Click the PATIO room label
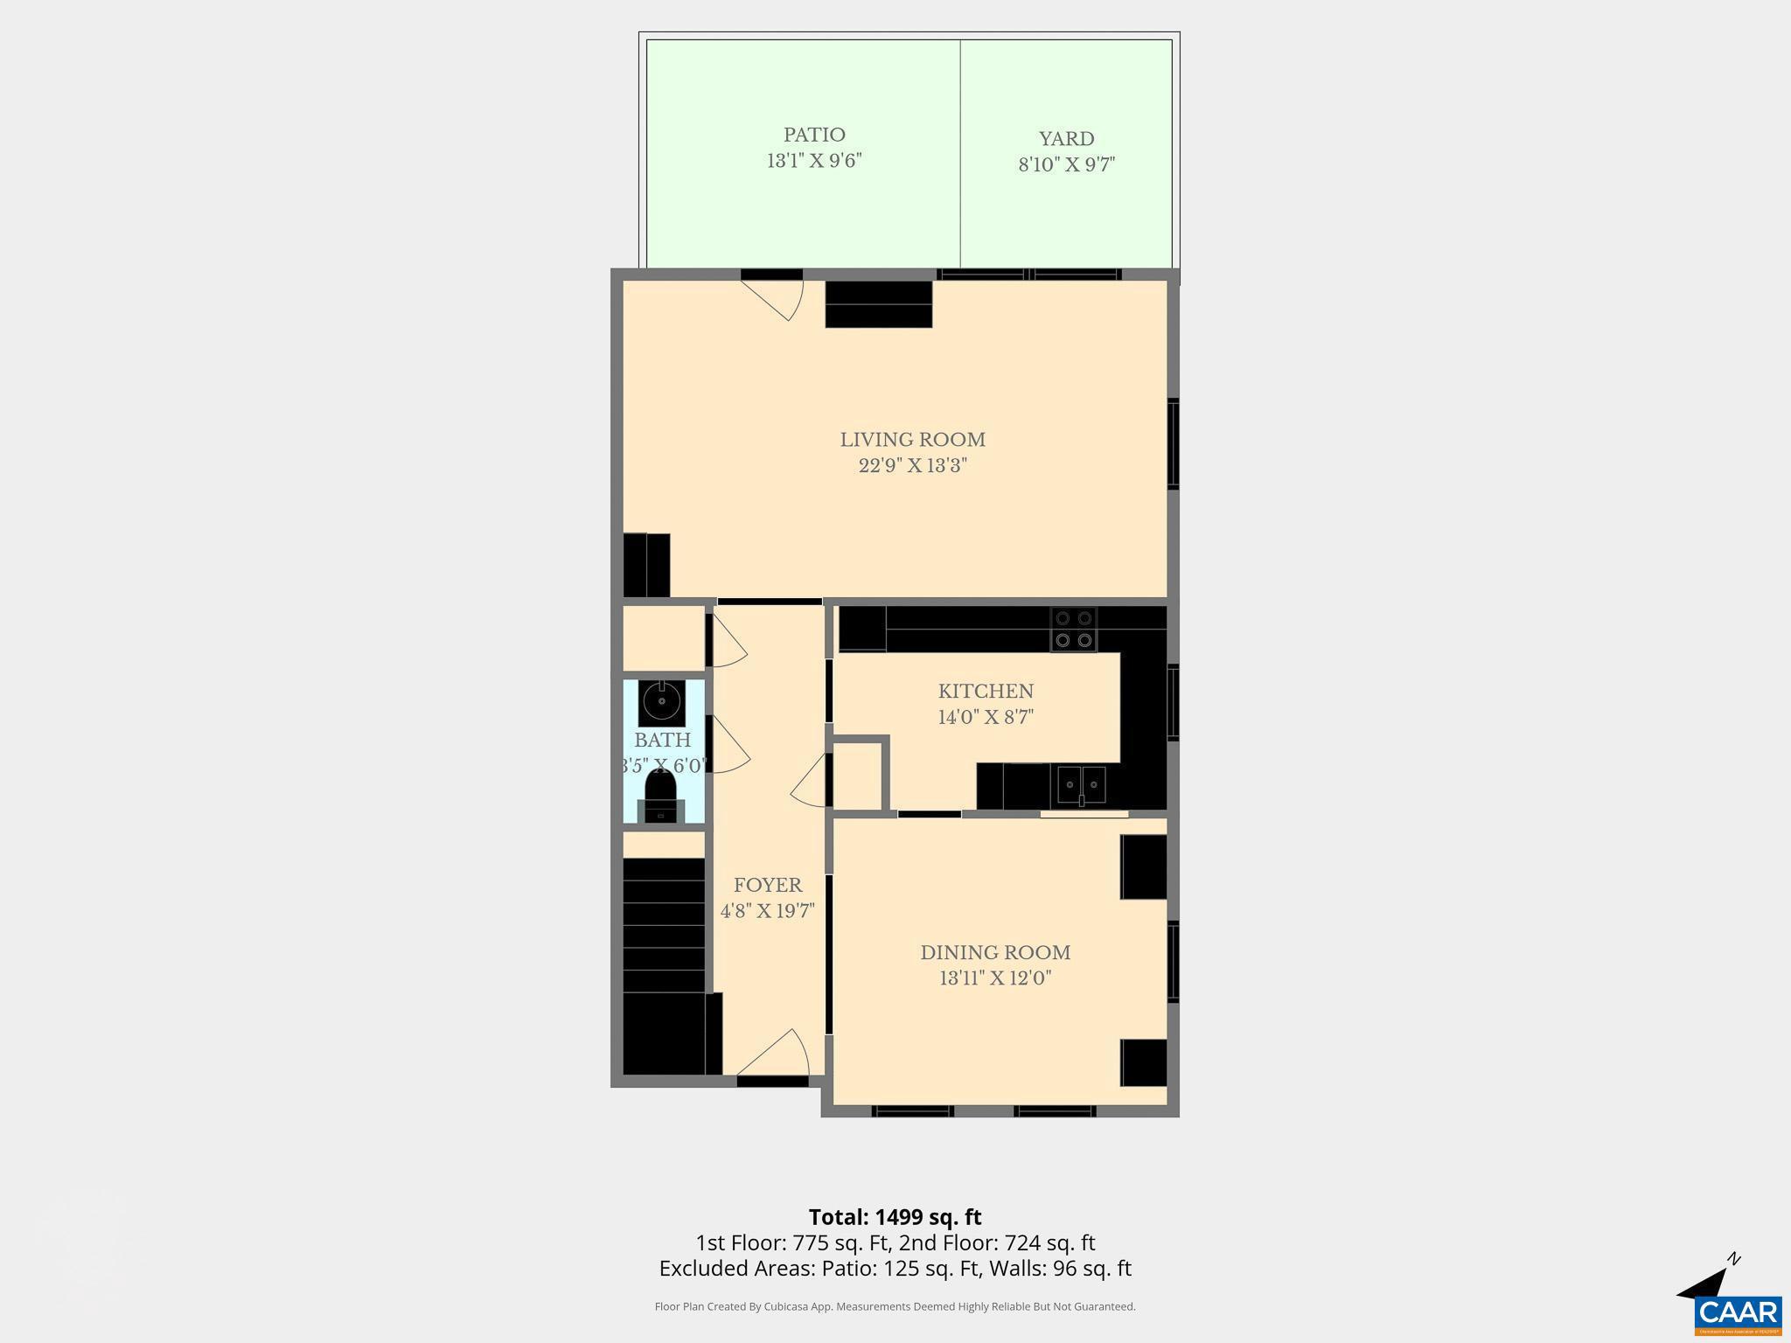[814, 136]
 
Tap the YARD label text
[1066, 139]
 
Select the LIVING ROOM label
[912, 440]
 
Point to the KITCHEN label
[986, 692]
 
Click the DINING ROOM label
[995, 952]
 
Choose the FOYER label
[767, 885]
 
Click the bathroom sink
[661, 701]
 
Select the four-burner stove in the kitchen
[1074, 629]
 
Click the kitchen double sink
[1081, 785]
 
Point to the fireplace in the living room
[878, 304]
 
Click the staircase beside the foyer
[663, 927]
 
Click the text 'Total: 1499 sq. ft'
[895, 1217]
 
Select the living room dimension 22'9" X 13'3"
[912, 465]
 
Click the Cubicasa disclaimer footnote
[895, 1306]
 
